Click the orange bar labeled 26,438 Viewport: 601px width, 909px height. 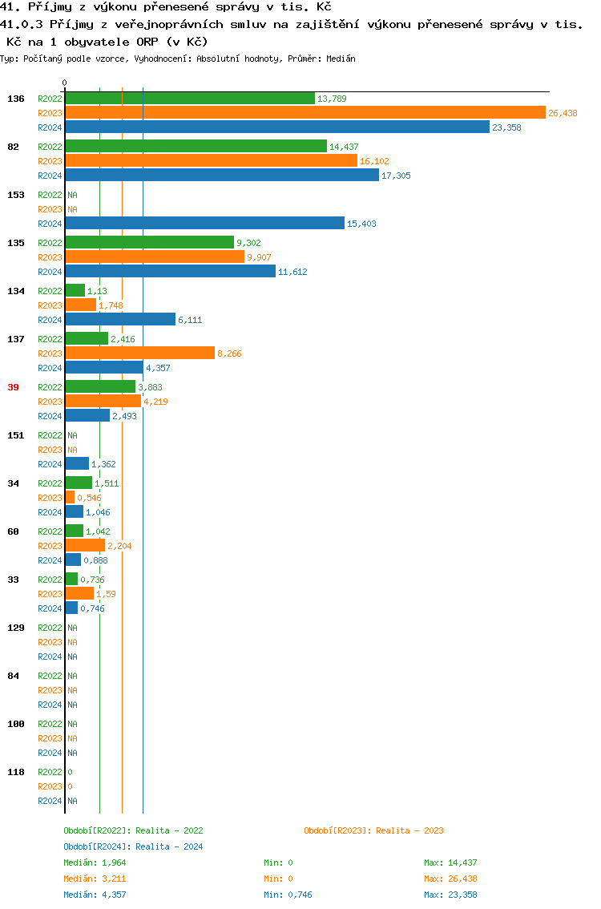pyautogui.click(x=305, y=113)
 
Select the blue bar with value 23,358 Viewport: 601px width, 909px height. pyautogui.click(x=276, y=127)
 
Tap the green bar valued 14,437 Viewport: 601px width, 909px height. pyautogui.click(x=196, y=147)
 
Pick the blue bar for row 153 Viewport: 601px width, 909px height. pyautogui.click(x=204, y=224)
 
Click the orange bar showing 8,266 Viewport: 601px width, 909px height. pyautogui.click(x=139, y=353)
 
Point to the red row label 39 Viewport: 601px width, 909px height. pyautogui.click(x=13, y=387)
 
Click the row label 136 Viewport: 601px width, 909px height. pyautogui.click(x=15, y=99)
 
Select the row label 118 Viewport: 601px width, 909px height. pyautogui.click(x=15, y=772)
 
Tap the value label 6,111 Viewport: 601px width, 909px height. pyautogui.click(x=190, y=320)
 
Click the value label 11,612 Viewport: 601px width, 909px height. pyautogui.click(x=292, y=272)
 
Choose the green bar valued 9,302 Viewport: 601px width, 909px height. pyautogui.click(x=149, y=243)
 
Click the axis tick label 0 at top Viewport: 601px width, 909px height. pyautogui.click(x=65, y=83)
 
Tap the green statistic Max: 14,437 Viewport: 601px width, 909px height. pyautogui.click(x=450, y=863)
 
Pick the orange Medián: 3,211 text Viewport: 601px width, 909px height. pyautogui.click(x=95, y=879)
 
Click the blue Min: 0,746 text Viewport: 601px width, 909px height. pyautogui.click(x=293, y=895)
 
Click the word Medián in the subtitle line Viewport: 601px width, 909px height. pyautogui.click(x=341, y=59)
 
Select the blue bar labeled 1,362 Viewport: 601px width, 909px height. pyautogui.click(x=77, y=464)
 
